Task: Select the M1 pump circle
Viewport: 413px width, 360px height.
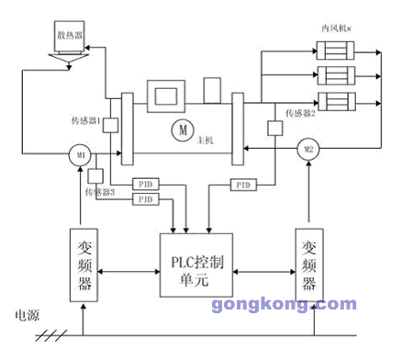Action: [81, 156]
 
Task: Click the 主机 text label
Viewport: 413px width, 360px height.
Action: [205, 141]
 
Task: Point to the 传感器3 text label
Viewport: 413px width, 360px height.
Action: [100, 192]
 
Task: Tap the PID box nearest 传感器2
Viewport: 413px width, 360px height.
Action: [242, 186]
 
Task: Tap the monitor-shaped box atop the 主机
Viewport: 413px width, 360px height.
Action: [166, 94]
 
